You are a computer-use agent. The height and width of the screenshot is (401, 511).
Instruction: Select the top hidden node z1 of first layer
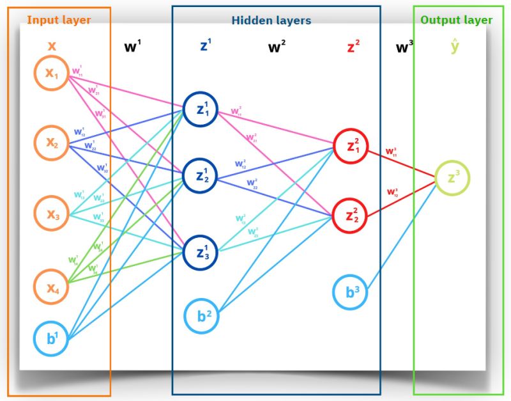tap(201, 109)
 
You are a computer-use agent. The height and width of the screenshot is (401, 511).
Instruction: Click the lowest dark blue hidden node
tap(201, 252)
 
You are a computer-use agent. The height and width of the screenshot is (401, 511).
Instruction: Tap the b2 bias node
tap(203, 316)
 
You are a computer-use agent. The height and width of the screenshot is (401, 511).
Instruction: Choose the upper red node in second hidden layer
tap(351, 146)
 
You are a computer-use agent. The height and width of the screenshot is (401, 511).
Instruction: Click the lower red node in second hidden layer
tap(351, 216)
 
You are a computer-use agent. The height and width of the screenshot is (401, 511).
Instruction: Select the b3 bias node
tap(351, 292)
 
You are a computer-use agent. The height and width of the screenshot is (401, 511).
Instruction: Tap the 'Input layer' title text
tap(59, 20)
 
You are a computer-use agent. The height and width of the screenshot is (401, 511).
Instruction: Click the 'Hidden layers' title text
tap(271, 20)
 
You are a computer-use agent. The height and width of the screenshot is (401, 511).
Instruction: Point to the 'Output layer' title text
tap(456, 20)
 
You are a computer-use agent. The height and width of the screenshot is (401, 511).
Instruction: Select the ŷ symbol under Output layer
tap(454, 46)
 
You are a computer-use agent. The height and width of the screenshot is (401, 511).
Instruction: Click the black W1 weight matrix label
tap(133, 47)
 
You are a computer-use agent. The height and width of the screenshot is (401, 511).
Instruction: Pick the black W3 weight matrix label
tap(404, 47)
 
